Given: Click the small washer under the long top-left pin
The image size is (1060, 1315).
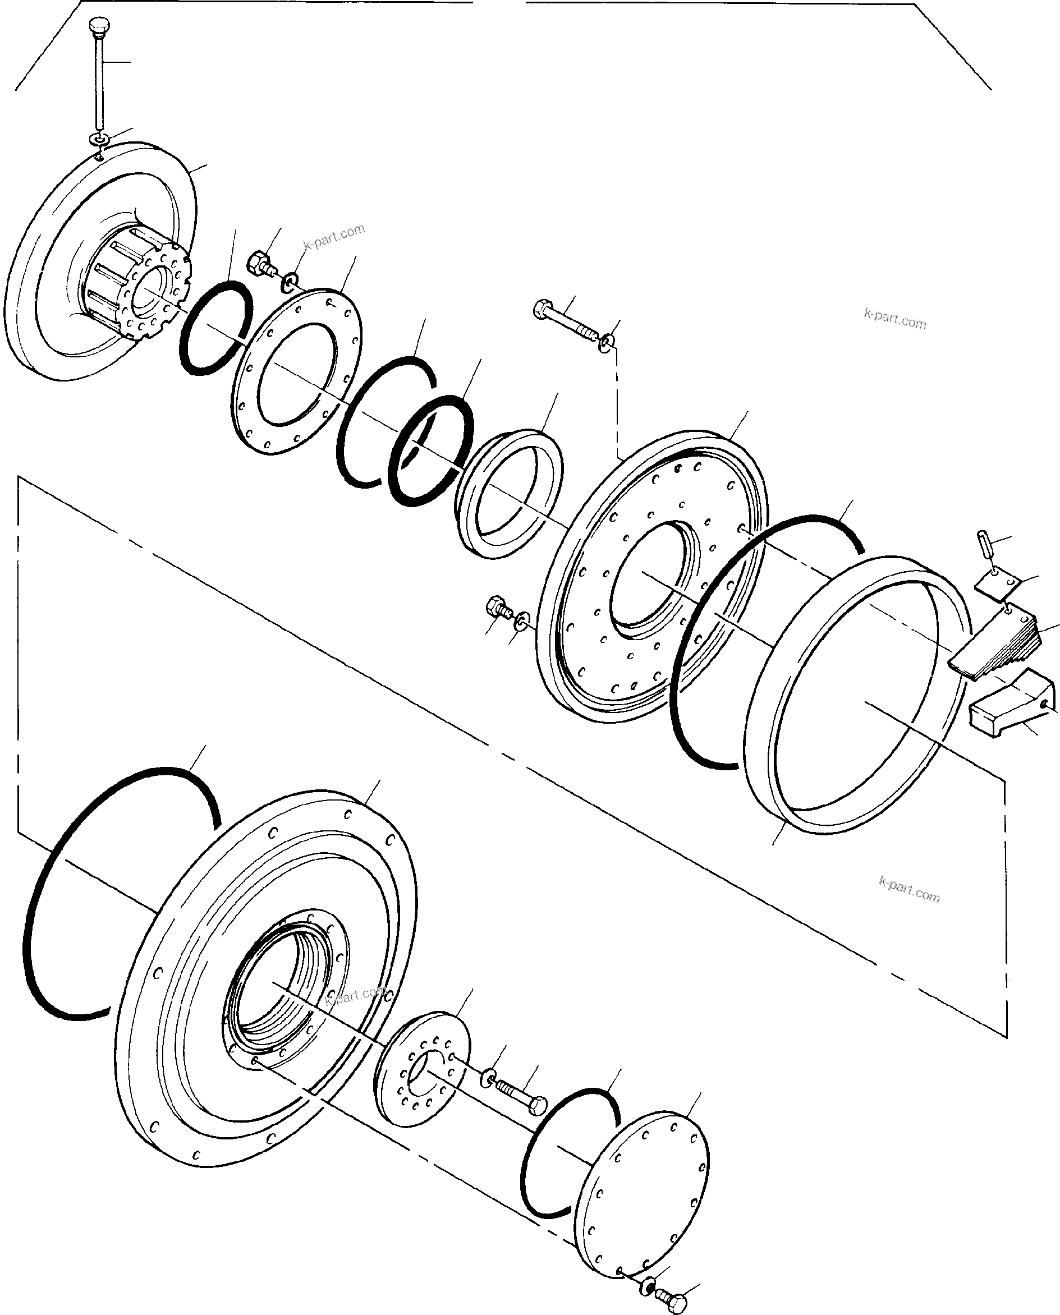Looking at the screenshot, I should click(x=98, y=140).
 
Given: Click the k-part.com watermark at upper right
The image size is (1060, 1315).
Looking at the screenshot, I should click(x=895, y=319).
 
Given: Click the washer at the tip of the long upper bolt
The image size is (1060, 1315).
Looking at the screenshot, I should click(x=607, y=342).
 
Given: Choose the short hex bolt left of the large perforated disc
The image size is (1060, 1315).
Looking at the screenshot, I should click(x=497, y=608).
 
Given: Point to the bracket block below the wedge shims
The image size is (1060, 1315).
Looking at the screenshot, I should click(x=1013, y=702).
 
